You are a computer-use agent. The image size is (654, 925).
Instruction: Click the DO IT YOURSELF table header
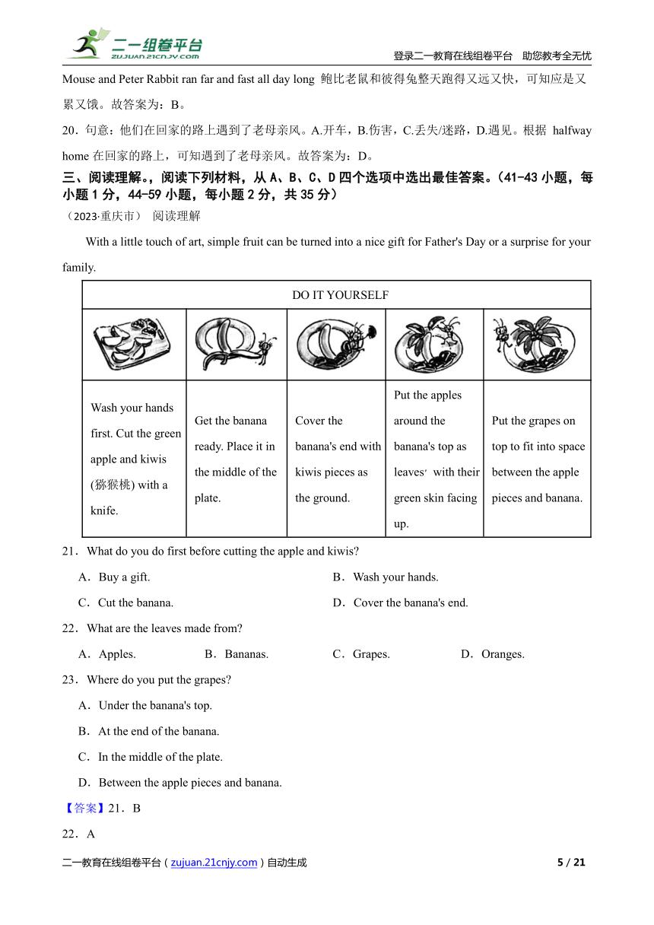click(x=340, y=295)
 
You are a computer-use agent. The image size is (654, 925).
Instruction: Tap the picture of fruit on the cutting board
click(x=133, y=344)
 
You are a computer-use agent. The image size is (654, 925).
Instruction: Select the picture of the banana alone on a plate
click(x=236, y=344)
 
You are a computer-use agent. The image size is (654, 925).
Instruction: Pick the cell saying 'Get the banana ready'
click(x=236, y=459)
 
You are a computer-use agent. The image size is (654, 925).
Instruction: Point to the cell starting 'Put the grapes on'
click(x=537, y=459)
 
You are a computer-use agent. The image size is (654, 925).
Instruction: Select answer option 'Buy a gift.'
click(x=123, y=577)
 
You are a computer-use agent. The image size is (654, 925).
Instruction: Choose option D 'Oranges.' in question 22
click(x=502, y=654)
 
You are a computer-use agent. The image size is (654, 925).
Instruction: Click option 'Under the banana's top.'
click(x=154, y=705)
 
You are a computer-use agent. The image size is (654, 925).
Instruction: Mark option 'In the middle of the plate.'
click(x=160, y=757)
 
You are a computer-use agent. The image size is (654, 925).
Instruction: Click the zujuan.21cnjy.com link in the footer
click(x=214, y=862)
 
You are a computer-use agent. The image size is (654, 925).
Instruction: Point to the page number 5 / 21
click(x=571, y=862)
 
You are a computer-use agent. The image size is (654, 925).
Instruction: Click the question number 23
click(x=69, y=679)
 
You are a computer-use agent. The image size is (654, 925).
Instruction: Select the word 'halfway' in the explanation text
click(x=572, y=130)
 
